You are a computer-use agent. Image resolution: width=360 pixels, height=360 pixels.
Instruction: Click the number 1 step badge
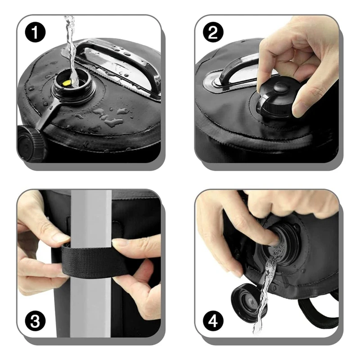coord(35,32)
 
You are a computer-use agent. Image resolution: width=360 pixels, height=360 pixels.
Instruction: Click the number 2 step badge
coord(213,32)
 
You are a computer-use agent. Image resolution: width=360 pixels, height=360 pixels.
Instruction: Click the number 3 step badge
coord(35,321)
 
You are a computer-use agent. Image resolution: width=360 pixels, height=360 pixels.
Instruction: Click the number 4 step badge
coord(213,321)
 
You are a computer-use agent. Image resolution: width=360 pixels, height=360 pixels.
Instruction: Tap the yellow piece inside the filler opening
coord(67,83)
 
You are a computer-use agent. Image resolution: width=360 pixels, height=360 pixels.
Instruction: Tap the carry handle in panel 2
coord(237,69)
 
